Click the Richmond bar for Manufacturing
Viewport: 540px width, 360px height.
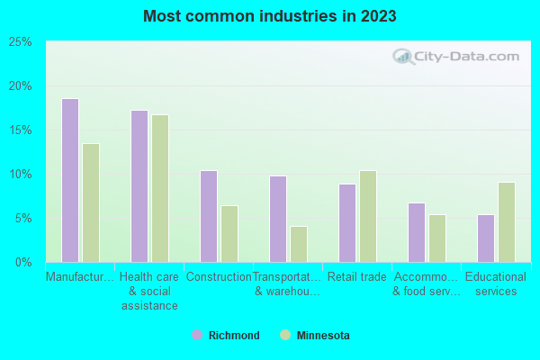tap(70, 180)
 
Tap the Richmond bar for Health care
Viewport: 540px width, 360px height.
tap(139, 186)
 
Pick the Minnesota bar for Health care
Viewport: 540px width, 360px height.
tap(160, 188)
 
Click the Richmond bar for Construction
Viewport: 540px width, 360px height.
tap(209, 216)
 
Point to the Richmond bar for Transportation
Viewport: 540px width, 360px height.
tap(278, 219)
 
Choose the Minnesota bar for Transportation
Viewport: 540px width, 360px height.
tap(299, 244)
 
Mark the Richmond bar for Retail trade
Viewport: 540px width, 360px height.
tap(347, 223)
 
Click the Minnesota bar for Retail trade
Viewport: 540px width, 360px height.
tap(368, 216)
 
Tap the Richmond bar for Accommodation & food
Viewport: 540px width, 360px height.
tap(417, 232)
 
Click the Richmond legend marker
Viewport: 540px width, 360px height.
tap(197, 336)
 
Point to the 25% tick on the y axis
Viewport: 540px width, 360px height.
tap(21, 42)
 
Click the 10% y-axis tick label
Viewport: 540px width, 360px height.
tap(21, 175)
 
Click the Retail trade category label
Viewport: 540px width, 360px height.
tap(357, 277)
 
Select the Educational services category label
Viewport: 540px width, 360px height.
tap(496, 284)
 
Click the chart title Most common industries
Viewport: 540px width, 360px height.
tap(269, 16)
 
